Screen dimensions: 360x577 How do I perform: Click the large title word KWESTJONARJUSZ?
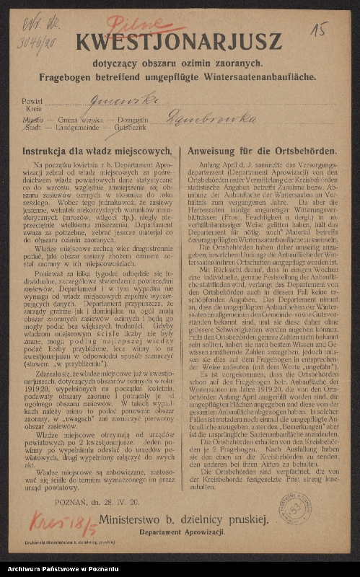click(x=179, y=41)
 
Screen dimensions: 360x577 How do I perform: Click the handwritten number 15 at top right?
click(x=318, y=29)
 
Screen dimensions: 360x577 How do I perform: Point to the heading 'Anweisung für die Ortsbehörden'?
click(x=261, y=151)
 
